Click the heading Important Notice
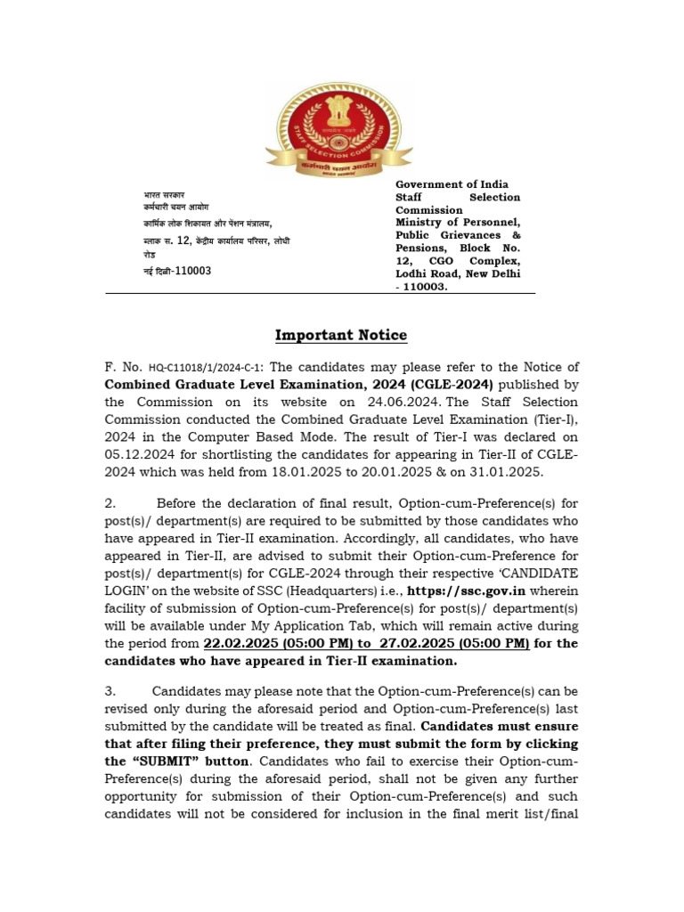click(x=341, y=335)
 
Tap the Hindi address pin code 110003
click(x=191, y=271)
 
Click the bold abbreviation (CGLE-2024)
click(x=444, y=385)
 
